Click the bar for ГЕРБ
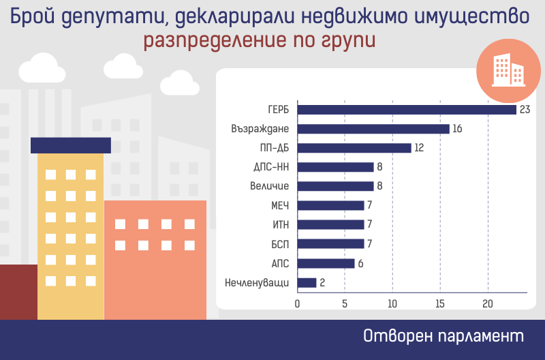(407, 109)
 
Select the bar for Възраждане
(373, 129)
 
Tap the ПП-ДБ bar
(354, 148)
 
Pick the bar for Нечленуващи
(307, 282)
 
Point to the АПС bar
(326, 263)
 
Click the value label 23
(525, 109)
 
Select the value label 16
(457, 129)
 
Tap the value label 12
(419, 148)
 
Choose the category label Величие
(270, 186)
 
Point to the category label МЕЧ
(280, 205)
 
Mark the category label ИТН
(281, 224)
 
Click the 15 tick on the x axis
(440, 303)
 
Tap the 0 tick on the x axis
(297, 303)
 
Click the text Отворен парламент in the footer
(443, 337)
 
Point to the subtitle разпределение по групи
(260, 41)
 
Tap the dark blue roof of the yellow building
(71, 145)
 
